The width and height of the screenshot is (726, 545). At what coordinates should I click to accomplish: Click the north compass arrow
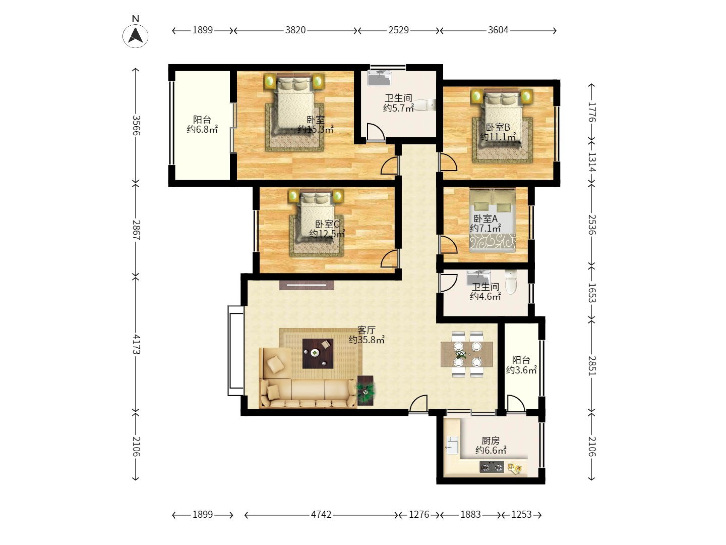(136, 35)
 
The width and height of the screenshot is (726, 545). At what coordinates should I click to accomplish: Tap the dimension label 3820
(295, 30)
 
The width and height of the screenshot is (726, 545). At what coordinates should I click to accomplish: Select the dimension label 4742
(321, 515)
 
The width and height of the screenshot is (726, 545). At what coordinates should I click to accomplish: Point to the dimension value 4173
(136, 344)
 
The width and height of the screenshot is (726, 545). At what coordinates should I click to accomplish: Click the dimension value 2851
(592, 366)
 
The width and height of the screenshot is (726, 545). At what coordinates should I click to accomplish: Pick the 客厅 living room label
(367, 330)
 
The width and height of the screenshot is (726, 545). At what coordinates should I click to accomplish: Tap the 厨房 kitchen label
(490, 441)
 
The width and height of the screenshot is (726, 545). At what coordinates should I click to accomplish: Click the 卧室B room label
(498, 127)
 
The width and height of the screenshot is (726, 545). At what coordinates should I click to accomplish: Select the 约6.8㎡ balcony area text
(202, 129)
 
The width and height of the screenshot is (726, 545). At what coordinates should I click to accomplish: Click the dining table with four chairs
(467, 354)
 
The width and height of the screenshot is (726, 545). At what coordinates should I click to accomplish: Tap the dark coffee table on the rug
(318, 353)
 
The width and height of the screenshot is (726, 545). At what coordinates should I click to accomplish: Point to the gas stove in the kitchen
(492, 467)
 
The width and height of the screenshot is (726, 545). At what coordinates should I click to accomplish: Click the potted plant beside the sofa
(366, 391)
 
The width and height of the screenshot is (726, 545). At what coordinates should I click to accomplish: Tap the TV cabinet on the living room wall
(307, 285)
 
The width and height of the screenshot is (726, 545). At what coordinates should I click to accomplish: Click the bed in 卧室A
(492, 221)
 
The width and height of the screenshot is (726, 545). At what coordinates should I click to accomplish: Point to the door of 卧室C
(390, 259)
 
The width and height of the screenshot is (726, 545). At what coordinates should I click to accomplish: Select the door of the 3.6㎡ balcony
(515, 404)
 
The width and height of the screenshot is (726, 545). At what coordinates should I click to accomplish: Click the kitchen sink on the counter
(452, 446)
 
